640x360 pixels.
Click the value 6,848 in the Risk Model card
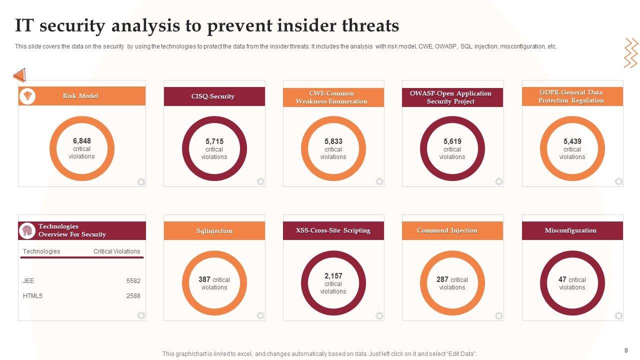pyautogui.click(x=81, y=141)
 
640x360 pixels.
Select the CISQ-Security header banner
pyautogui.click(x=214, y=96)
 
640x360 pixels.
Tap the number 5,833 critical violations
pyautogui.click(x=333, y=141)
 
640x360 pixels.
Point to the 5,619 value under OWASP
pyautogui.click(x=452, y=141)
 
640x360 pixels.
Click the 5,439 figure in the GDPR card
pyautogui.click(x=572, y=141)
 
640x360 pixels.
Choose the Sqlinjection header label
pyautogui.click(x=214, y=231)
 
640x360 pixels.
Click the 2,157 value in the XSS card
pyautogui.click(x=333, y=276)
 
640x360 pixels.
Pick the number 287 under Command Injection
pyautogui.click(x=442, y=279)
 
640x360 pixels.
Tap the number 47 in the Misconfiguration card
pyautogui.click(x=562, y=279)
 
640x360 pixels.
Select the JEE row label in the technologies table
pyautogui.click(x=28, y=281)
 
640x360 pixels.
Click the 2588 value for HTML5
pyautogui.click(x=133, y=296)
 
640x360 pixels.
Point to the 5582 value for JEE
pyautogui.click(x=133, y=281)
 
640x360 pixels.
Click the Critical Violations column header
pyautogui.click(x=116, y=251)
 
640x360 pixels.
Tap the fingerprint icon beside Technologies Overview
pyautogui.click(x=27, y=231)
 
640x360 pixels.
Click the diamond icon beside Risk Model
pyautogui.click(x=27, y=96)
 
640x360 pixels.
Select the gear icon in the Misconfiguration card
pyautogui.click(x=618, y=315)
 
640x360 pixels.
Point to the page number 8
pyautogui.click(x=626, y=350)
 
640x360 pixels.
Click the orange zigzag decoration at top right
pyautogui.click(x=631, y=53)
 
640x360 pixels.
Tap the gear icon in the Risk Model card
pyautogui.click(x=141, y=182)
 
